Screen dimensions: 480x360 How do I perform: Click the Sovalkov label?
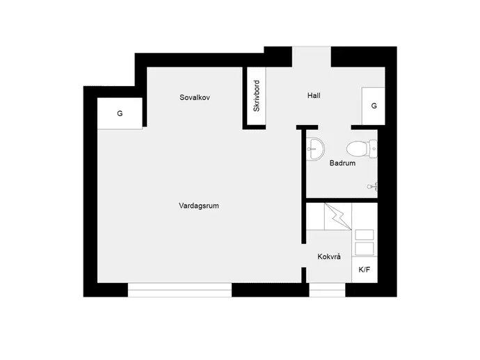click(195, 97)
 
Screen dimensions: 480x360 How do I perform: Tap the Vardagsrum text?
click(199, 206)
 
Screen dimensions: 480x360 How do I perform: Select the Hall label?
click(314, 95)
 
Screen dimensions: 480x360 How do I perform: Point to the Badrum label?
click(342, 163)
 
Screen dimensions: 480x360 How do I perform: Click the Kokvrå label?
click(329, 256)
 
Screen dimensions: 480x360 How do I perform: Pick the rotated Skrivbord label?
click(257, 96)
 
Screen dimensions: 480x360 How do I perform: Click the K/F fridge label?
click(365, 270)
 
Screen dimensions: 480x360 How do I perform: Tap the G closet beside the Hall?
click(374, 106)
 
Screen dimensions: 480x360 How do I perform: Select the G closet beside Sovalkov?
click(120, 113)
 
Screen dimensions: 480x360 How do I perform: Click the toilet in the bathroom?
click(362, 149)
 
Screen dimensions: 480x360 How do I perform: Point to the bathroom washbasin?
click(315, 149)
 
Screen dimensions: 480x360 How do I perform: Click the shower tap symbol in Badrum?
click(373, 186)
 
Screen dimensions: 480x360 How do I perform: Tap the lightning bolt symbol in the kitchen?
click(338, 217)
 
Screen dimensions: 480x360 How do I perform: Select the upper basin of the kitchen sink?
click(365, 235)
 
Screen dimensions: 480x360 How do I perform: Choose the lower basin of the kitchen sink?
click(365, 249)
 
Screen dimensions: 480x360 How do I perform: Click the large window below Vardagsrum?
click(179, 290)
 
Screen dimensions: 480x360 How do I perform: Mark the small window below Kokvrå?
click(327, 290)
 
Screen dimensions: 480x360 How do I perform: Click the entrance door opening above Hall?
click(312, 56)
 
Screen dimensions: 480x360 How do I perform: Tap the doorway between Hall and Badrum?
click(335, 127)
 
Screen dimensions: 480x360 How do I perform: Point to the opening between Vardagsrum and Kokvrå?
click(304, 256)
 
